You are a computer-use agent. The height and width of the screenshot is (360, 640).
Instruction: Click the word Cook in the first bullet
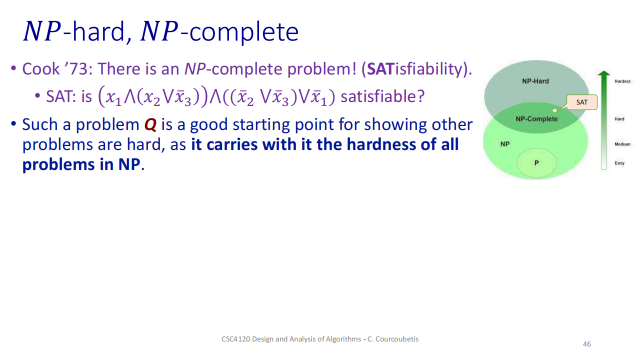[x=41, y=69]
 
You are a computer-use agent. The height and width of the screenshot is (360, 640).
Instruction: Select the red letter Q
[x=150, y=124]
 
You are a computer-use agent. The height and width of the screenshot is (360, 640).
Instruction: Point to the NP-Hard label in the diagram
[x=535, y=81]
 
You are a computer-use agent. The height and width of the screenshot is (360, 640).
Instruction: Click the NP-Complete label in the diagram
[x=536, y=119]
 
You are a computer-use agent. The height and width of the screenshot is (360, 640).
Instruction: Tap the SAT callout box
[x=582, y=102]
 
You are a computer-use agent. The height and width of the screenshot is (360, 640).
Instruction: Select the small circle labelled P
[x=536, y=163]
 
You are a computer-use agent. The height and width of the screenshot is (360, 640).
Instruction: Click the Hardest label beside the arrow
[x=622, y=81]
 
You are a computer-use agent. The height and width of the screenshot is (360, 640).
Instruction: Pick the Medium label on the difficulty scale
[x=622, y=144]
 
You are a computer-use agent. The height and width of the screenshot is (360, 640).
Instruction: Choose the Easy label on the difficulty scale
[x=619, y=163]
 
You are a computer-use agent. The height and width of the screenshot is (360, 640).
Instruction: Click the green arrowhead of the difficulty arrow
[x=603, y=73]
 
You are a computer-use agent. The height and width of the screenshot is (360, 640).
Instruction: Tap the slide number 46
[x=587, y=344]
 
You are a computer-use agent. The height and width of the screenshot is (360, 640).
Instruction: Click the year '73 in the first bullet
[x=78, y=69]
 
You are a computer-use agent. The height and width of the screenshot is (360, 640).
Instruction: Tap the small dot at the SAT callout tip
[x=554, y=110]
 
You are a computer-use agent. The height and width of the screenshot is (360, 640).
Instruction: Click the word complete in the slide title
[x=244, y=32]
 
